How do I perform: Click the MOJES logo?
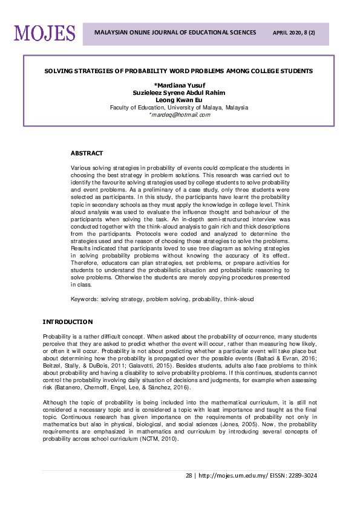tap(45, 33)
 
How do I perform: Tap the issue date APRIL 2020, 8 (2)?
tap(295, 33)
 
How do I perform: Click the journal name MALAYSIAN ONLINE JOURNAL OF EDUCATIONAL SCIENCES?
tap(174, 33)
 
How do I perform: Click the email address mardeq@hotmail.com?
tap(180, 114)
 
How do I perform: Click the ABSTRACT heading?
tap(87, 154)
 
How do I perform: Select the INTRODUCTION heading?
tap(68, 322)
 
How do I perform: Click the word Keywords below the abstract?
tap(84, 299)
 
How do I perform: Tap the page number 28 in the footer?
tap(189, 475)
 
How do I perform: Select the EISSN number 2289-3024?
tap(304, 475)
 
